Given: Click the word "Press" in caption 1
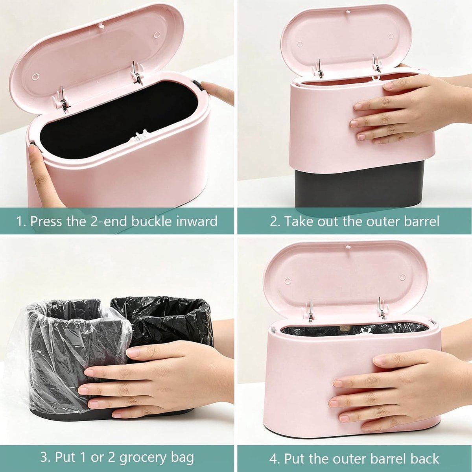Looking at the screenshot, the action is click(x=46, y=221).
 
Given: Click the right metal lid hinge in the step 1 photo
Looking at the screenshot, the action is click(x=136, y=73).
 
